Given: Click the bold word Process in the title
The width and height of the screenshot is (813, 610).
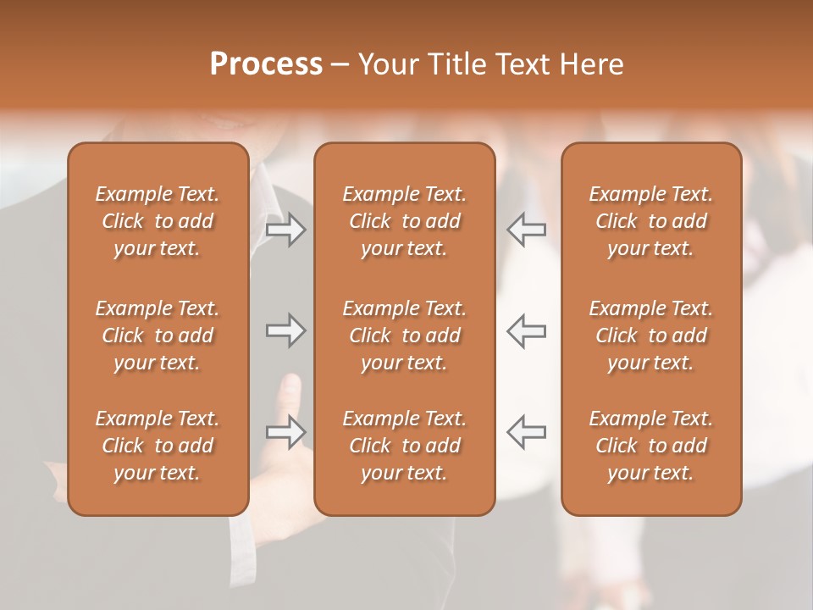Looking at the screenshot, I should point(266,64).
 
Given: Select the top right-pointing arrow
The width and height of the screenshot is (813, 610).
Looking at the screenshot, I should point(285,230).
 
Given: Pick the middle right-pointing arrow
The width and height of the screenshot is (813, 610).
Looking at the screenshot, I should point(285,330).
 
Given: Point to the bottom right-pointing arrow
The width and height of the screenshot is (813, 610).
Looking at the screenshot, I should point(285,431).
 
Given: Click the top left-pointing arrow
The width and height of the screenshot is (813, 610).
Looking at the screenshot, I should point(527,230).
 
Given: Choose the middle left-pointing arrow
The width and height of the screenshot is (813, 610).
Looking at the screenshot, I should point(527,330).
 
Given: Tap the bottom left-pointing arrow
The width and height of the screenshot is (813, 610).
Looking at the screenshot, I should point(527,431).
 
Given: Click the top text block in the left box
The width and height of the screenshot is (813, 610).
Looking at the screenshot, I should point(158,221).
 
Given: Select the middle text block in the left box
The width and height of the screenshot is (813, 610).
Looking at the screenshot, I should point(158,335).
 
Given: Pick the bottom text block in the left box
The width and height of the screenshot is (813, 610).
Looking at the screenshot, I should point(158,446).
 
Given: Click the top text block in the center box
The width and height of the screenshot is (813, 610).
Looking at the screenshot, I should point(405,221).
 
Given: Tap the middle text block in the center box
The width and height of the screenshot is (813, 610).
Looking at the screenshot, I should point(405,335).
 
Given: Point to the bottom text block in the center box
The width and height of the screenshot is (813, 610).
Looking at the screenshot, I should point(405,446).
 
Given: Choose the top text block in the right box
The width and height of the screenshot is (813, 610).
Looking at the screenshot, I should point(651,221).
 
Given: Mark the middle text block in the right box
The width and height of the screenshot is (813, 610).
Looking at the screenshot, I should point(651,335).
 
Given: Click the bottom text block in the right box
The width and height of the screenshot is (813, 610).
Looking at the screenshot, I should point(651,446).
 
